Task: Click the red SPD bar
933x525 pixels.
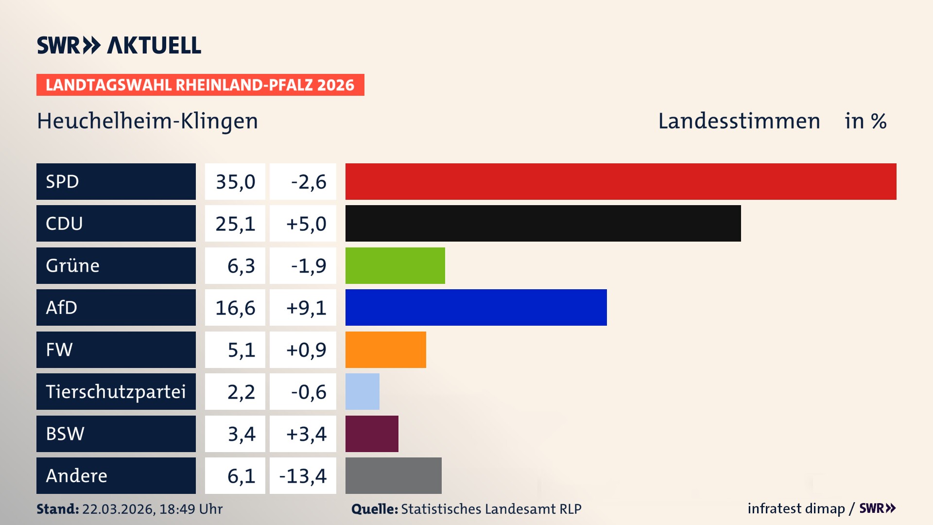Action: point(621,181)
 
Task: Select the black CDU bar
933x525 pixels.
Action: point(543,223)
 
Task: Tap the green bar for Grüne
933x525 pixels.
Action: point(395,265)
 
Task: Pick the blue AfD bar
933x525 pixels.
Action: point(476,307)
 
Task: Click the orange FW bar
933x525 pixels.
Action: point(385,350)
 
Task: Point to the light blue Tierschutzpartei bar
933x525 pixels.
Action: point(362,391)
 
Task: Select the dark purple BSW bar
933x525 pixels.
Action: point(372,434)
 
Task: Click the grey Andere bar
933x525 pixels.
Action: point(393,475)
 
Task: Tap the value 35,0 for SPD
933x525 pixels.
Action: point(235,182)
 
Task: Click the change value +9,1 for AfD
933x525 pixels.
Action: point(306,308)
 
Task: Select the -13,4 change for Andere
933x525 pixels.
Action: point(303,476)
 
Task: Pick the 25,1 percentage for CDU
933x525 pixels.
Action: point(235,224)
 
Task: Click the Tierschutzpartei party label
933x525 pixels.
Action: point(116,392)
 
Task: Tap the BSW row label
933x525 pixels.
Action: point(65,434)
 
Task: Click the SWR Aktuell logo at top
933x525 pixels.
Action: point(119,45)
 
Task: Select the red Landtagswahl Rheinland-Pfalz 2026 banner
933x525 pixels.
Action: point(200,85)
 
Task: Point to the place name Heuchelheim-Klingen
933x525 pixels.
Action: point(147,121)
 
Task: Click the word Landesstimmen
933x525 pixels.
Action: point(739,121)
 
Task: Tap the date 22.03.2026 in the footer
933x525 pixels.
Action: point(118,509)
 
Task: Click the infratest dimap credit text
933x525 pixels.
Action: point(796,508)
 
